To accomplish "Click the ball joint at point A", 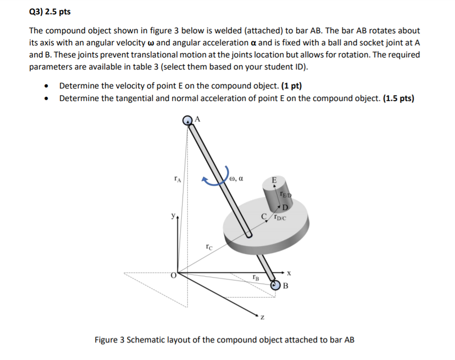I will tap(188, 120).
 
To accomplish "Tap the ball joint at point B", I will tap(276, 285).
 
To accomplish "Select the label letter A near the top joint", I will tap(197, 119).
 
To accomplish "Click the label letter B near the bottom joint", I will tap(285, 285).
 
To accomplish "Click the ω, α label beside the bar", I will tap(236, 177).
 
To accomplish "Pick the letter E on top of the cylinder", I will tap(273, 180).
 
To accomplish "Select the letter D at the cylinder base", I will tap(285, 206).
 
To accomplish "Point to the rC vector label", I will tap(209, 247).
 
